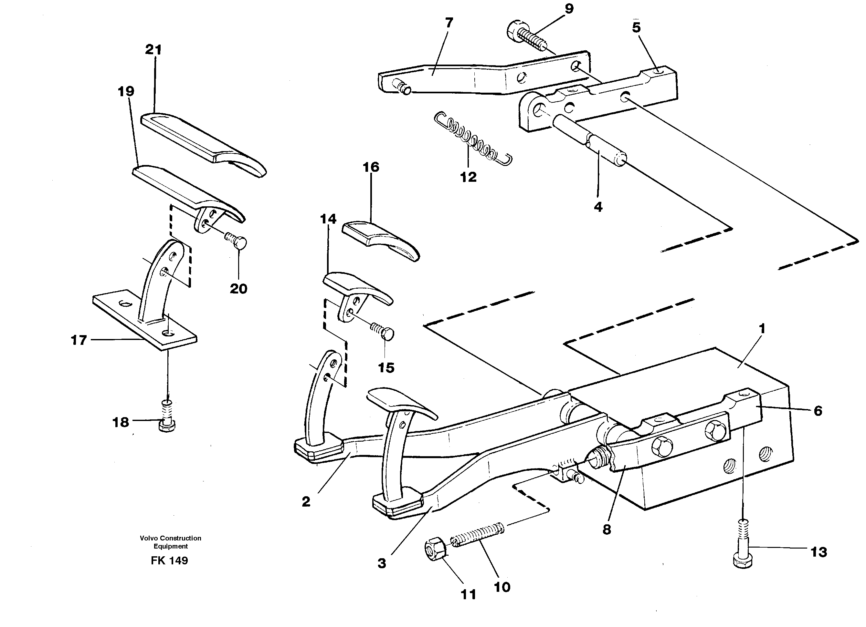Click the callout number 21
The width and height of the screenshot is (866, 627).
click(x=153, y=50)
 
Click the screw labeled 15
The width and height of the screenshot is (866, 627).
click(x=383, y=333)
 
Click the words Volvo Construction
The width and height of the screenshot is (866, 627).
click(x=170, y=538)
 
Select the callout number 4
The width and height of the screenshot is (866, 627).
click(x=598, y=207)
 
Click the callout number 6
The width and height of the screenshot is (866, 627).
click(x=818, y=411)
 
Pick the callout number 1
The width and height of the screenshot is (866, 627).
click(x=762, y=328)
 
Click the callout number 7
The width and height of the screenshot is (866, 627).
click(x=449, y=23)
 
